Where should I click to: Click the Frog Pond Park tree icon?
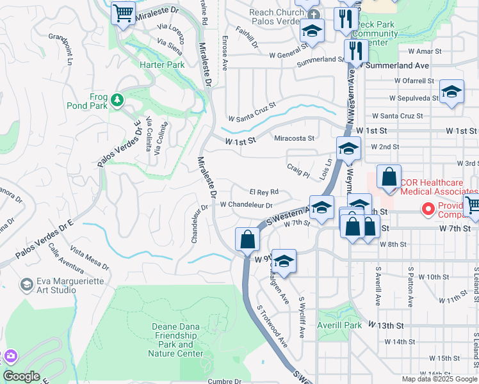[x=117, y=99]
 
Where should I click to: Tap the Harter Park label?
[x=162, y=65]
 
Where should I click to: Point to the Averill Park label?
[x=339, y=324]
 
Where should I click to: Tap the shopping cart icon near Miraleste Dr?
[x=123, y=13]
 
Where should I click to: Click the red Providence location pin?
[x=427, y=209]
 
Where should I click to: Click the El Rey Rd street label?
[x=263, y=192]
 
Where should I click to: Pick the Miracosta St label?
[x=294, y=138]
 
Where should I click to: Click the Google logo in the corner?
[x=21, y=376]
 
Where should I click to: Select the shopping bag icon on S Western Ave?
[x=247, y=240]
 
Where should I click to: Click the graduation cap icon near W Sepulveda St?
[x=451, y=92]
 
